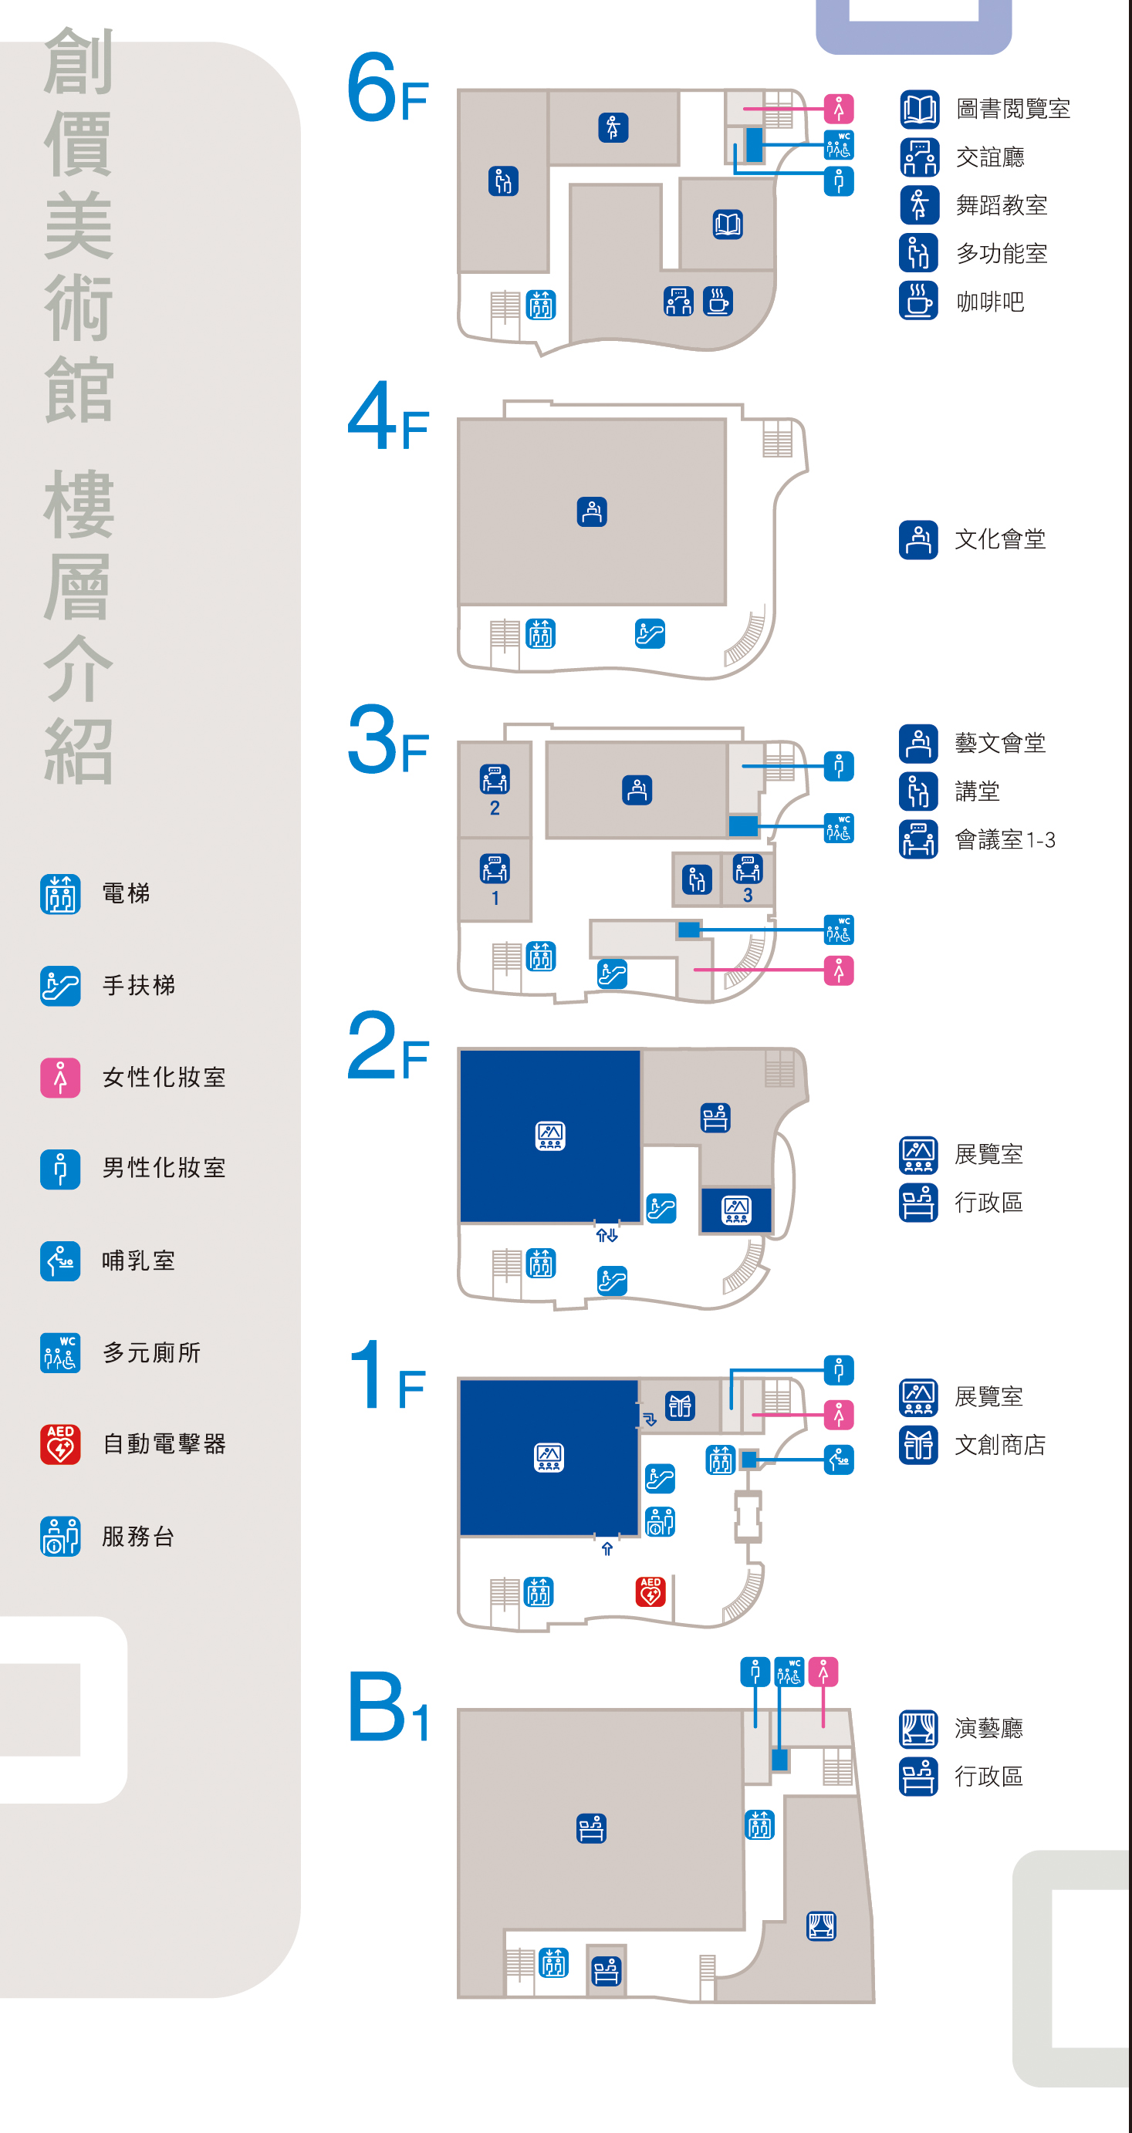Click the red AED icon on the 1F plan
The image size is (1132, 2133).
coord(650,1591)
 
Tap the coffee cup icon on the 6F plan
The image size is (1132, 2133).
coord(717,302)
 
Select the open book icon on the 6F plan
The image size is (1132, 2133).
coord(728,224)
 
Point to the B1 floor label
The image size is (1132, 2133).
coord(388,1708)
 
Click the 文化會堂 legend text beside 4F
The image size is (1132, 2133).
coord(999,540)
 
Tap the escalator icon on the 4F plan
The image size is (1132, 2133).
coord(650,633)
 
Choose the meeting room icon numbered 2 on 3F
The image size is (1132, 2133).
coord(495,779)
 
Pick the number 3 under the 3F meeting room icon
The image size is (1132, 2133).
coord(748,896)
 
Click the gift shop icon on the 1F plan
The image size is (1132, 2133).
coord(680,1406)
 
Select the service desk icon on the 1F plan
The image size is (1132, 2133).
coord(660,1521)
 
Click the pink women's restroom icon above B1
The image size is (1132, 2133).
coord(823,1672)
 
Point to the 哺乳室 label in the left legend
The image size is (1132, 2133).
coord(138,1261)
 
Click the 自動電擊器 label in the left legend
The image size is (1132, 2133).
coord(164,1444)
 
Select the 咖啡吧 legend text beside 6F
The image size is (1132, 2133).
coord(990,302)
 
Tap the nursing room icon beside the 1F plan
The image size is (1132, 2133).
coord(839,1460)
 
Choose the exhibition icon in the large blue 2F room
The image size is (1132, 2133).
coord(551,1136)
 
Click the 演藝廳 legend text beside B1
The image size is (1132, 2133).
coord(988,1729)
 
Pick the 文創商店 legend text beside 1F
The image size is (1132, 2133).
coord(999,1445)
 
